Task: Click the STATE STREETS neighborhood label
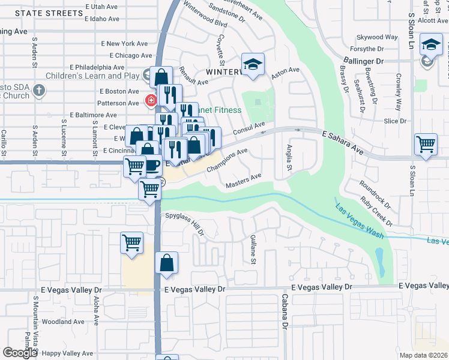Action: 49,13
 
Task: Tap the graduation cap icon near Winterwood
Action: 253,65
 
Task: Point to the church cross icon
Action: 39,91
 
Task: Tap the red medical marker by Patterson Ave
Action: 150,100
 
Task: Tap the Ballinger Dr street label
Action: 363,61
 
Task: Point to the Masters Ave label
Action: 243,181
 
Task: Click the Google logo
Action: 20,352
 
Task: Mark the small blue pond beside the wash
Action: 379,259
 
